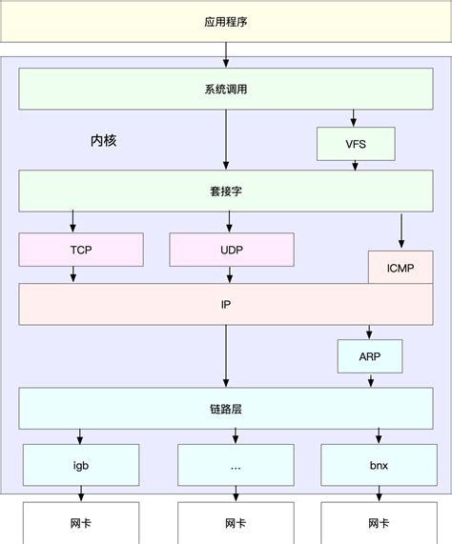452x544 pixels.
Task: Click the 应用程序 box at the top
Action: point(226,21)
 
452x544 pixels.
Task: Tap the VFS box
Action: point(356,144)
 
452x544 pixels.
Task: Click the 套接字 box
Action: point(226,191)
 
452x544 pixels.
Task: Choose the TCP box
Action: point(81,249)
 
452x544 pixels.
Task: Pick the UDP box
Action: point(231,249)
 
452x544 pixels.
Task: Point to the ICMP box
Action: point(400,268)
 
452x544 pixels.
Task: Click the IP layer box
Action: point(226,304)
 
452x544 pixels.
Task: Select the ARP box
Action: point(369,356)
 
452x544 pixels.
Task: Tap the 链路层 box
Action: point(226,409)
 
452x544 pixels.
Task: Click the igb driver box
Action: point(81,466)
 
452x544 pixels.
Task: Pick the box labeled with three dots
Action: point(233,466)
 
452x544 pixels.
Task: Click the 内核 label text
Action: point(103,140)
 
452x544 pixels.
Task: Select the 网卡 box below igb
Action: point(81,523)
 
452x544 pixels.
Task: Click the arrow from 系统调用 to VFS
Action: point(356,118)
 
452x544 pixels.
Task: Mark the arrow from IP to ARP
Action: point(369,332)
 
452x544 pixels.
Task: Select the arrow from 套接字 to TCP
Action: point(72,222)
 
